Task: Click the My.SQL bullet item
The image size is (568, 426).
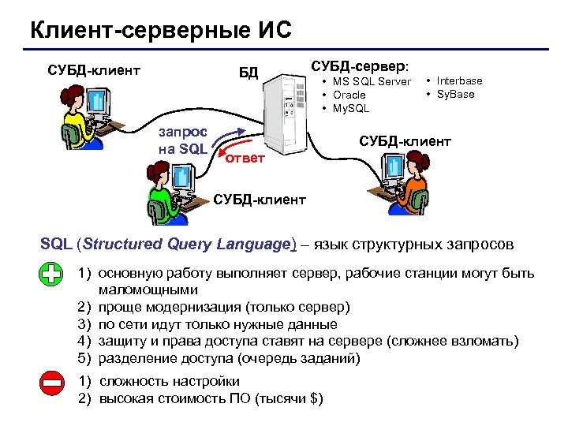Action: [x=351, y=108]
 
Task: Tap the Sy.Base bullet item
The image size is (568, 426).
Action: [x=456, y=94]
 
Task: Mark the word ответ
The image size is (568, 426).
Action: [x=245, y=160]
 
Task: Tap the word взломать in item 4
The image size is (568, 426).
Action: [x=484, y=341]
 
